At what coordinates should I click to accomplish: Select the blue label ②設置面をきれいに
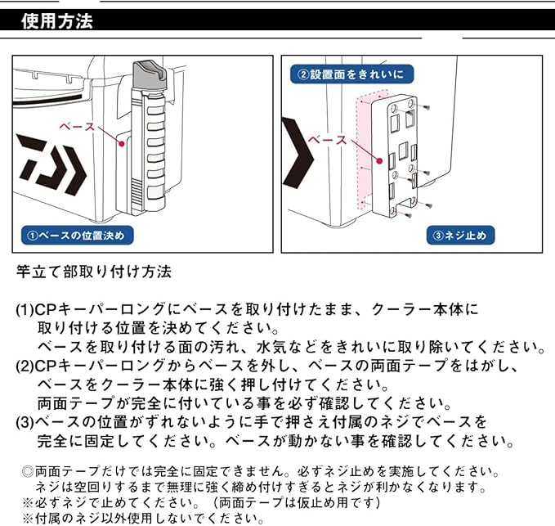tap(351, 74)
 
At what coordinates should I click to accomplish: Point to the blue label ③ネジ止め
tap(463, 236)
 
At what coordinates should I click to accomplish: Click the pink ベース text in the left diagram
tap(78, 127)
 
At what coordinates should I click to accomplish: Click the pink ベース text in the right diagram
tap(327, 140)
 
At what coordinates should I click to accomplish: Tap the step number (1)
tap(25, 311)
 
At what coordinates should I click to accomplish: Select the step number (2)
tap(25, 366)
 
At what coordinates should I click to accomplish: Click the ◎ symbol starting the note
tap(27, 472)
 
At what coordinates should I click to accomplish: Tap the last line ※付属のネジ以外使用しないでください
tap(142, 519)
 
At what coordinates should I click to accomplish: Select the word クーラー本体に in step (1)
tap(424, 311)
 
